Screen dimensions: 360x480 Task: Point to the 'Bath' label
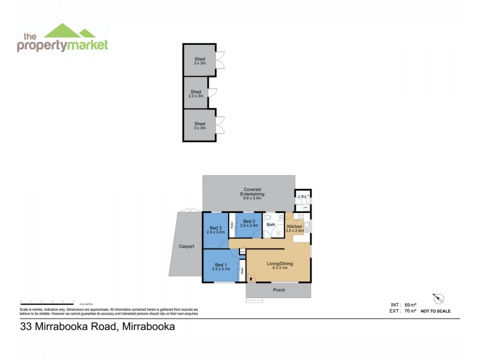[x=271, y=225]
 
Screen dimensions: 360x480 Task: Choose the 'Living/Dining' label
[x=277, y=265]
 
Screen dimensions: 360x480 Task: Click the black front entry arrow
[x=250, y=279]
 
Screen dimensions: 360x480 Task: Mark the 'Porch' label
[x=279, y=290]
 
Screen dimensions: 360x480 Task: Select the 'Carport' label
[x=186, y=247]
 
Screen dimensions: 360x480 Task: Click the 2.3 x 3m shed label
[x=196, y=94]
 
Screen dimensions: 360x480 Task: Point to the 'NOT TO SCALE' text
[x=436, y=311]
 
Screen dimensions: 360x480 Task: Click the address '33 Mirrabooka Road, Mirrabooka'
[x=97, y=327]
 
